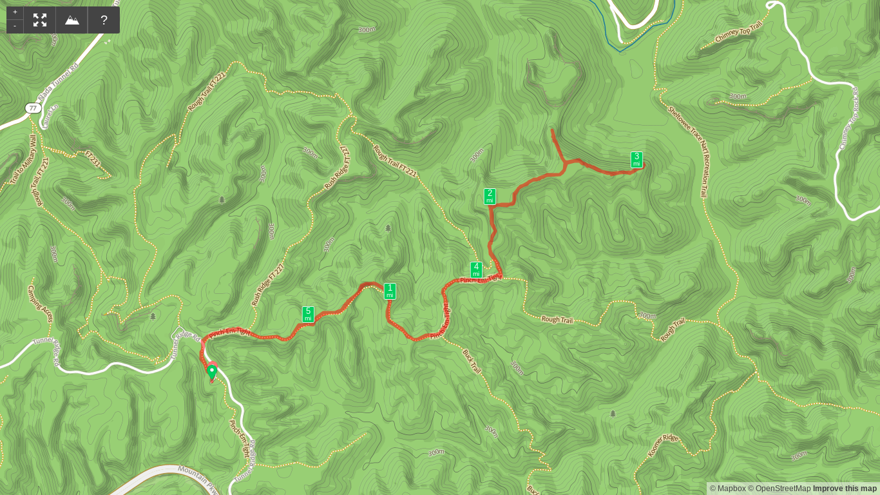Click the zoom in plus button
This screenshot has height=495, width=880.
point(15,12)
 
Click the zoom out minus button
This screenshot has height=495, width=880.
point(15,26)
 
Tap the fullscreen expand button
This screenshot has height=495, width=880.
point(40,20)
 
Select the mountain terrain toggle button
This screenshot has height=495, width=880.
point(72,20)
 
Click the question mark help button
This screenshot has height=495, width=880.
point(104,20)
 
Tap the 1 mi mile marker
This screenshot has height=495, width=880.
point(390,291)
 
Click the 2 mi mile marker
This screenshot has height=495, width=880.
point(490,196)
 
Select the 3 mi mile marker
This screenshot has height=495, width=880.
point(636,159)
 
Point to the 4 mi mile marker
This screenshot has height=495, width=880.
point(476,269)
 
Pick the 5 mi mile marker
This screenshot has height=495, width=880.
point(308,314)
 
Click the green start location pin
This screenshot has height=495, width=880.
point(212,371)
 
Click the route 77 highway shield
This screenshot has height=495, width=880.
point(33,108)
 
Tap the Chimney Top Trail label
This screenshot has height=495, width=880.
point(739,32)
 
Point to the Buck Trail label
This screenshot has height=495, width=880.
point(472,361)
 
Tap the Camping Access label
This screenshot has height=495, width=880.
point(40,304)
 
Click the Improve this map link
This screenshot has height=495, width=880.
point(845,489)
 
